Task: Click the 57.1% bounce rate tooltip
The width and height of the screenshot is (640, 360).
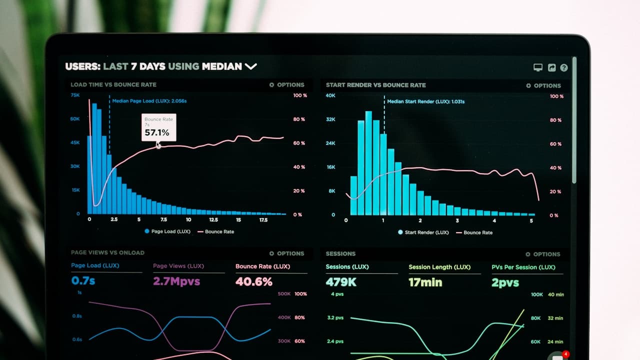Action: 158,127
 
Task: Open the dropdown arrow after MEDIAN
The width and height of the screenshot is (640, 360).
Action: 250,66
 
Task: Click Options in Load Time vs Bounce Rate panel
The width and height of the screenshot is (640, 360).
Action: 286,85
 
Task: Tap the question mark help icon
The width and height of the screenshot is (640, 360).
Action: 564,67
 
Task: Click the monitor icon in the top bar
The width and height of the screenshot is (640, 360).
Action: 538,67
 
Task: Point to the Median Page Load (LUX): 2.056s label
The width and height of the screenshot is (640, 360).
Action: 149,101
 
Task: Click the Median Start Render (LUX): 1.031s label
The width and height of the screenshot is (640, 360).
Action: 425,101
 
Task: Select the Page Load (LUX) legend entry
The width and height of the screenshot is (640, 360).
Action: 167,231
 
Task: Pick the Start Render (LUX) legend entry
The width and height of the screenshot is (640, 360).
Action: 423,232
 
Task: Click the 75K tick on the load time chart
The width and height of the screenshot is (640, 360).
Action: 75,95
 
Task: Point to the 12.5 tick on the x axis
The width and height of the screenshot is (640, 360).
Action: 213,219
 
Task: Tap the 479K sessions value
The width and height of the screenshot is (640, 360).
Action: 341,282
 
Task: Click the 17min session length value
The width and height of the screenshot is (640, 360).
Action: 425,282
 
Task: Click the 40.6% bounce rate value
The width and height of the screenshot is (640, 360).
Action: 253,281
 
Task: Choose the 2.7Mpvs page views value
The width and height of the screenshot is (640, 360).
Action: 176,281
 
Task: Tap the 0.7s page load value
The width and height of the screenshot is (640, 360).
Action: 83,280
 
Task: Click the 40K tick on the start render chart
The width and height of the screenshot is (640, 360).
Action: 330,95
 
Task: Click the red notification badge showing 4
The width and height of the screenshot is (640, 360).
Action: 565,354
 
